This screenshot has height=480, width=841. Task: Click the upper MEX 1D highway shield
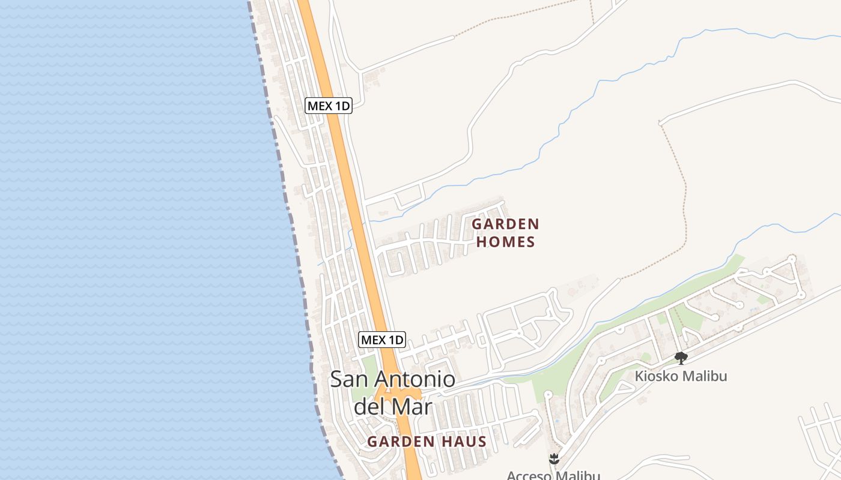pos(328,106)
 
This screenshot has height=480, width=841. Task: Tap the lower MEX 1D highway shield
pos(382,340)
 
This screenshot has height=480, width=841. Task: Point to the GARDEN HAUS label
pos(427,442)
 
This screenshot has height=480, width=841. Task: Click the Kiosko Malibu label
pos(681,376)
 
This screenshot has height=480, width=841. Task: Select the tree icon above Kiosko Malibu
pos(681,358)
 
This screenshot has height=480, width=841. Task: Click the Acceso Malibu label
pos(553,475)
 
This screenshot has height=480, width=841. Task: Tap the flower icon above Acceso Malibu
pos(554,460)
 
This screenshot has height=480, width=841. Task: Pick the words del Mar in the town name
pos(393,406)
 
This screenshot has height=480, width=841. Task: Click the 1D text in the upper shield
pos(342,106)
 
